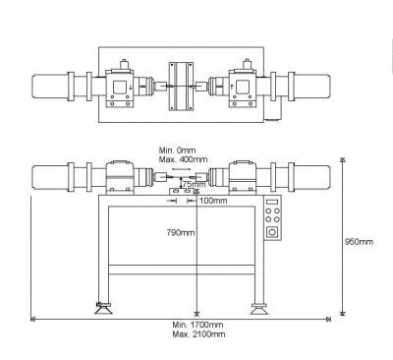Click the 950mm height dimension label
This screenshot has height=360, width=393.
(360, 242)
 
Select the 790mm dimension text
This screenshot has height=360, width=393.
(181, 233)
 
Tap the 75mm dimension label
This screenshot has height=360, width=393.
(194, 183)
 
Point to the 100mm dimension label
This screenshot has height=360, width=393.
(213, 201)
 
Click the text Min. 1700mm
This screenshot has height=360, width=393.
(197, 325)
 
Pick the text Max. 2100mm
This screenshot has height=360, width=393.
(198, 334)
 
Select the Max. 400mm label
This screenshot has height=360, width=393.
(183, 159)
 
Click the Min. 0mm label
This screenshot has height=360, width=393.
(177, 150)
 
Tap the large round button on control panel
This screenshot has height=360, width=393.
(272, 232)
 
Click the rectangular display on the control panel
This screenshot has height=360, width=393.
(272, 202)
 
